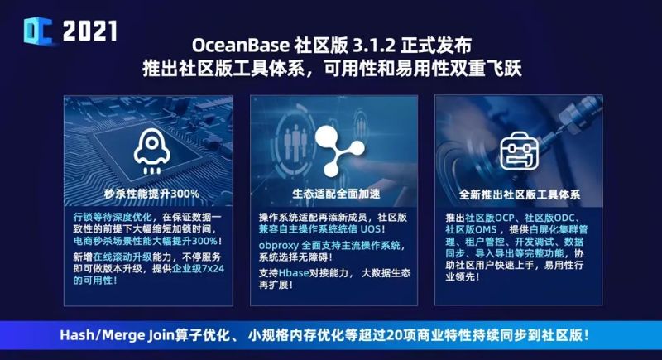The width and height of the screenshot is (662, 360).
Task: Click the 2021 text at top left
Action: pos(89,31)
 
